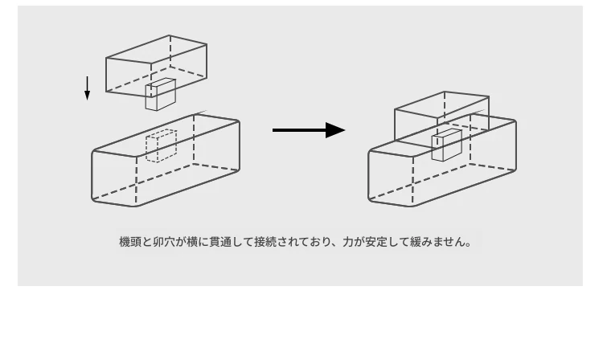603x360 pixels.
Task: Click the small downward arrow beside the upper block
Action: click(88, 88)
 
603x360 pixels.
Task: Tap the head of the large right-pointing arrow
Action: click(335, 130)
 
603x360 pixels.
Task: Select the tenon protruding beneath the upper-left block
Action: click(160, 95)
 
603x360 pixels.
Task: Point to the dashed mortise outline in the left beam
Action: click(161, 146)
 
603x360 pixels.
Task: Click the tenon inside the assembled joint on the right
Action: click(446, 145)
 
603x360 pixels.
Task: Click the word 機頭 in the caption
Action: click(130, 242)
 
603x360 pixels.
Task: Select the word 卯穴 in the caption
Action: click(164, 242)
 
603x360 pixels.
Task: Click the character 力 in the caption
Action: click(348, 242)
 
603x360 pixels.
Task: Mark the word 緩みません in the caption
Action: click(438, 242)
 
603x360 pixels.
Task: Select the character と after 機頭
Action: click(147, 242)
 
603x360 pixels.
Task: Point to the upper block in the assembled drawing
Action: click(442, 115)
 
